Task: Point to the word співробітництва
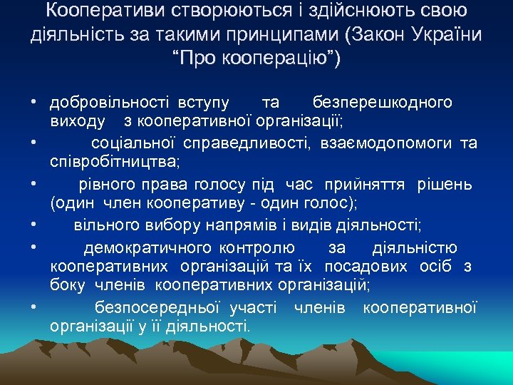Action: [x=114, y=160]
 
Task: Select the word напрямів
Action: [x=250, y=226]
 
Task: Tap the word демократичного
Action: [x=147, y=247]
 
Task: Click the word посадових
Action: [x=360, y=267]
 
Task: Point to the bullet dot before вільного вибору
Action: [x=34, y=227]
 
